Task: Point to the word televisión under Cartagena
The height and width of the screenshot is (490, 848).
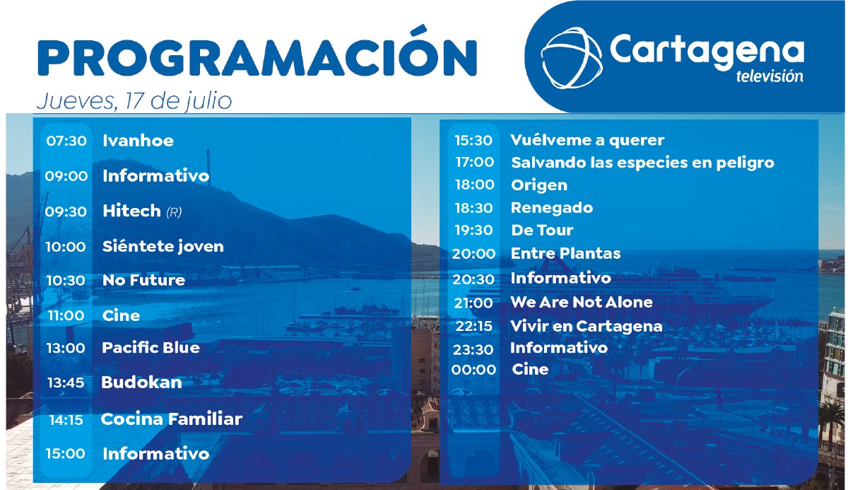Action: point(769,76)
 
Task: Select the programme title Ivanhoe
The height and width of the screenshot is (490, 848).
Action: point(138,141)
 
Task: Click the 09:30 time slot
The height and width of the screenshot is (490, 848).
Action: point(66,211)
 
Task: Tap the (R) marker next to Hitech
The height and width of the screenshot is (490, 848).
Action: point(174,212)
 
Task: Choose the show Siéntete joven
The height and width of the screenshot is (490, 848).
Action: point(163,247)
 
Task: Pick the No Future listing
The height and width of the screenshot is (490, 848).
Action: point(143,281)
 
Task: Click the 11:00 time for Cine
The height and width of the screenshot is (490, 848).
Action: point(66,316)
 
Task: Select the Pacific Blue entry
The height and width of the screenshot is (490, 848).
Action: point(151,348)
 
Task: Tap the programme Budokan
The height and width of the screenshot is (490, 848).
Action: point(141,383)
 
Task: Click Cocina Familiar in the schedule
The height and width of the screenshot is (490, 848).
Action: point(171,419)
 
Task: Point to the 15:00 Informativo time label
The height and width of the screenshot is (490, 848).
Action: point(66,454)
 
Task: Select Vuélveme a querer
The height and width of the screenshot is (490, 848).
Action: point(587,141)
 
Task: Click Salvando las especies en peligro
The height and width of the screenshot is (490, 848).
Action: point(642,163)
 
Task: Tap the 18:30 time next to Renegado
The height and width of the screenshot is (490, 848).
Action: point(473,208)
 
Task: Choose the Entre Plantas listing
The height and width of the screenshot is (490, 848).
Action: point(565,253)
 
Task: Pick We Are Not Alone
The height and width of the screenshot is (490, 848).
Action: point(582,303)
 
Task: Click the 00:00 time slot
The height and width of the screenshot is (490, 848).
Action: point(473,370)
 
